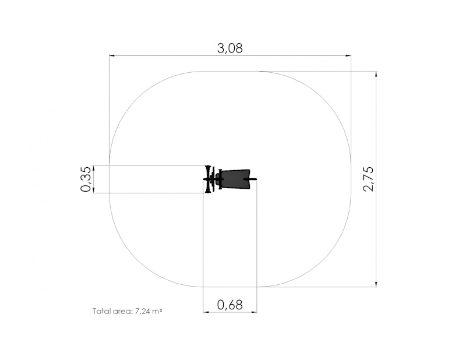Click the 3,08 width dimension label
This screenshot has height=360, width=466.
[x=230, y=48]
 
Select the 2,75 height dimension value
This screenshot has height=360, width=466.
[x=369, y=179]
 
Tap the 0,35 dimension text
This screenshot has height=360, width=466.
[x=86, y=179]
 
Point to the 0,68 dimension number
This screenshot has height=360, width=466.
[x=230, y=305]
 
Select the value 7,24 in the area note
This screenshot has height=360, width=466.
[x=143, y=312]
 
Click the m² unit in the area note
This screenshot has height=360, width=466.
[x=157, y=311]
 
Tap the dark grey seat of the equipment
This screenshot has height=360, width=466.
[x=236, y=179]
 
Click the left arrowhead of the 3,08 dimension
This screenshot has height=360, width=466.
[x=112, y=55]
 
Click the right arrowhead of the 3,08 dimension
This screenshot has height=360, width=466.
[x=348, y=55]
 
